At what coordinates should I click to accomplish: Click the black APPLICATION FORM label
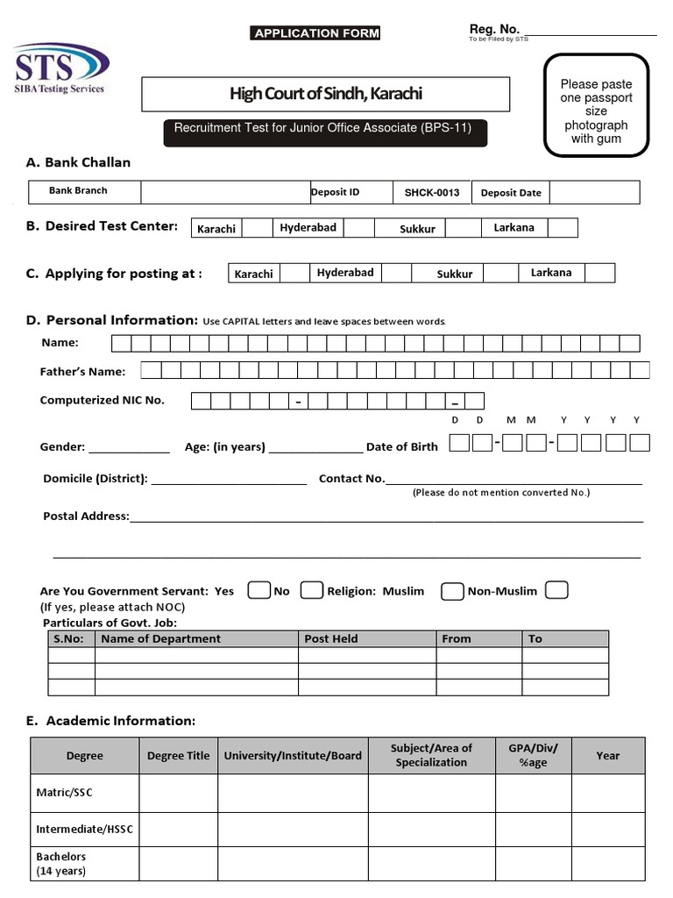click(316, 33)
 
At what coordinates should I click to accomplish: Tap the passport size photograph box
click(596, 105)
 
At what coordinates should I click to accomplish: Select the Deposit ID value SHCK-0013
click(432, 193)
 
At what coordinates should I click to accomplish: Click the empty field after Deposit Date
click(594, 193)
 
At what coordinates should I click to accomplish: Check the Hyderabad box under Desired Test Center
click(358, 228)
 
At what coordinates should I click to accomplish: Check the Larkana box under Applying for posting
click(600, 273)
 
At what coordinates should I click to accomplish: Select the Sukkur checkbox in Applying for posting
click(500, 273)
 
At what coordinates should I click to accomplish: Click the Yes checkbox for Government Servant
click(259, 590)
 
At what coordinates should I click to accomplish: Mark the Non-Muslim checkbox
click(556, 590)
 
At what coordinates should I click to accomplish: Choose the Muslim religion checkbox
click(452, 590)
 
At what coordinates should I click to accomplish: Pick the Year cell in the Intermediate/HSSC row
click(608, 829)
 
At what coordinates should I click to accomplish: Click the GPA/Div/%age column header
click(534, 755)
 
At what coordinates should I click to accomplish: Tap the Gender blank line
click(129, 447)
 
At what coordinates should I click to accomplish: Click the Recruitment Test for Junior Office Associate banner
click(323, 128)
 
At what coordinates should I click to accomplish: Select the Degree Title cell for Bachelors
click(178, 864)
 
